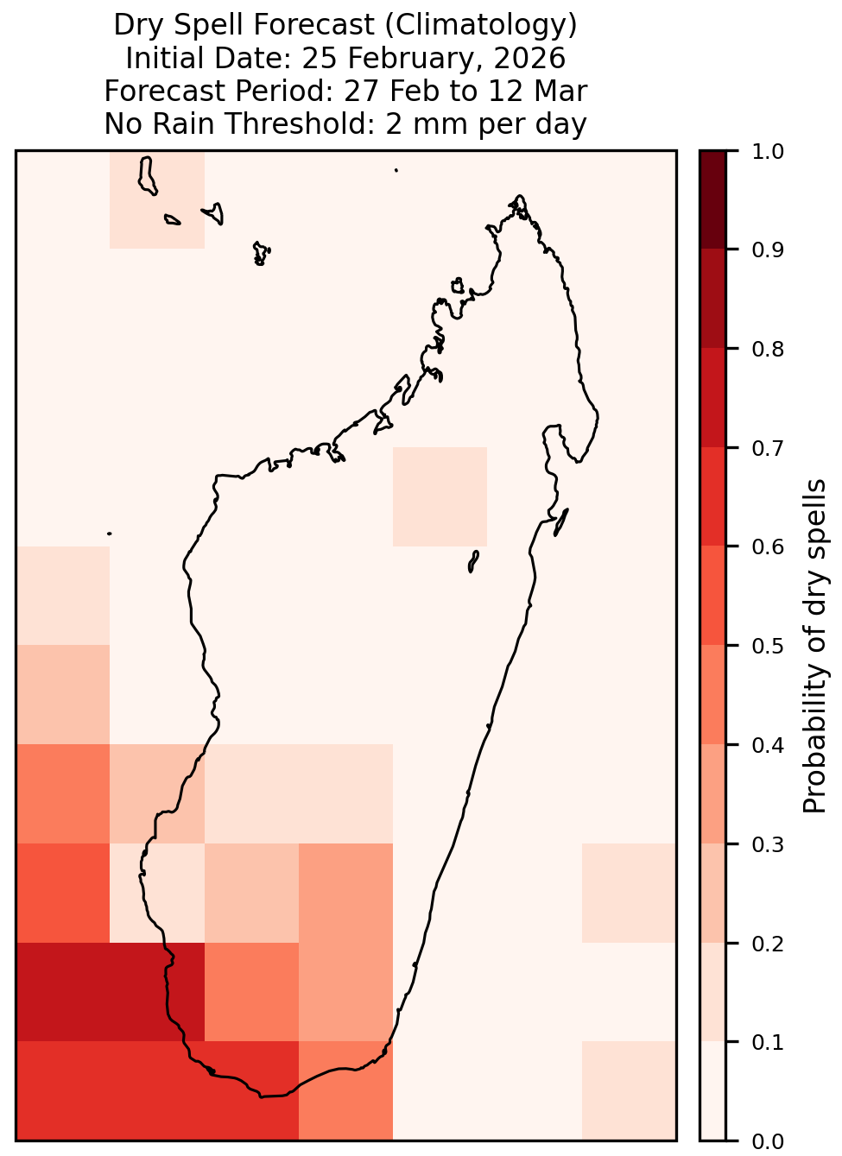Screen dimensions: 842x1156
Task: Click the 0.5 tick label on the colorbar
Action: (x=767, y=646)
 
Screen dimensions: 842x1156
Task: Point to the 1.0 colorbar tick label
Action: (x=767, y=152)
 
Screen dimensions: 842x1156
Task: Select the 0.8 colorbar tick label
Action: (x=767, y=350)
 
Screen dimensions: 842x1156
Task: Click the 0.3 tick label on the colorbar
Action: (x=767, y=844)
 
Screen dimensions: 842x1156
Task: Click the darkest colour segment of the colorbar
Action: (x=713, y=200)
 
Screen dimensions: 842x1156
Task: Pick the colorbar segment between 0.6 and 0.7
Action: (x=713, y=496)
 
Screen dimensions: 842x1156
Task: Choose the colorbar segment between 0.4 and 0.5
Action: (x=713, y=695)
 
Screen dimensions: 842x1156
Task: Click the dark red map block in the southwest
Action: (x=111, y=991)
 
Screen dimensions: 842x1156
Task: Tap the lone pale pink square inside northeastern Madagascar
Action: (x=440, y=496)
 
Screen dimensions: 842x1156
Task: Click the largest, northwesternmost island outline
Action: (x=147, y=176)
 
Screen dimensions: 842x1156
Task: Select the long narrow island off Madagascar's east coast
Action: (x=561, y=522)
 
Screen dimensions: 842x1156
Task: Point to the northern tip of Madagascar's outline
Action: (x=519, y=196)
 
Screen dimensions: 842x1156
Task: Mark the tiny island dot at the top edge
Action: (x=396, y=170)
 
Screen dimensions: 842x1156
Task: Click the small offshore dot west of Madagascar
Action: (x=109, y=534)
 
